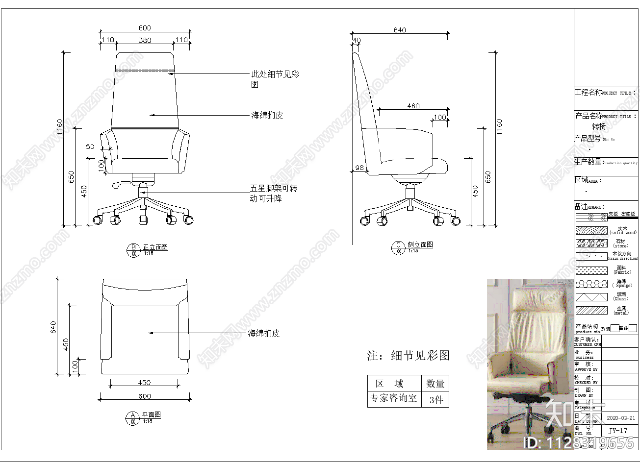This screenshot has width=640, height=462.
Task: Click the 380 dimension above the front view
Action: tap(145, 40)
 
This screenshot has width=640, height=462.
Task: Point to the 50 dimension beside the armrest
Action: tap(90, 146)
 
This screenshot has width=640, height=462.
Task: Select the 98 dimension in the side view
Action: tap(359, 168)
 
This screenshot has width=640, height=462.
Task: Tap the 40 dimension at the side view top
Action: tap(357, 40)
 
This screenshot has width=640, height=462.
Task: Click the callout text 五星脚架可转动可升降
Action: tap(274, 194)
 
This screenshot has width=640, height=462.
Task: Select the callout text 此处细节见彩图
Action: tap(275, 79)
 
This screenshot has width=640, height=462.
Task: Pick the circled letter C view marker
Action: tap(398, 248)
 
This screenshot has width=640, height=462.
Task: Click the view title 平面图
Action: tap(152, 414)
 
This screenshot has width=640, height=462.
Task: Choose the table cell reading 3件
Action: tap(435, 400)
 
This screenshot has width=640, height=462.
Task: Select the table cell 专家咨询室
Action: tap(394, 398)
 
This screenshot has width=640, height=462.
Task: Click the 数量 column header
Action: tap(435, 384)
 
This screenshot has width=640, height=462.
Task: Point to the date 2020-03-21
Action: tap(620, 418)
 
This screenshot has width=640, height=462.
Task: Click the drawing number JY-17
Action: tap(618, 431)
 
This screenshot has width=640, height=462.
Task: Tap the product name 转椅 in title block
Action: tap(599, 126)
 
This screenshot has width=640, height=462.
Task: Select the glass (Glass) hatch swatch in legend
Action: tap(591, 297)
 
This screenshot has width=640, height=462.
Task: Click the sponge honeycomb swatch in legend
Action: tap(591, 284)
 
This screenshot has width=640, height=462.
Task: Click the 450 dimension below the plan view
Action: tap(144, 383)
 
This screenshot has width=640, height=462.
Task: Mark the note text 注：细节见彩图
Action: tap(408, 356)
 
